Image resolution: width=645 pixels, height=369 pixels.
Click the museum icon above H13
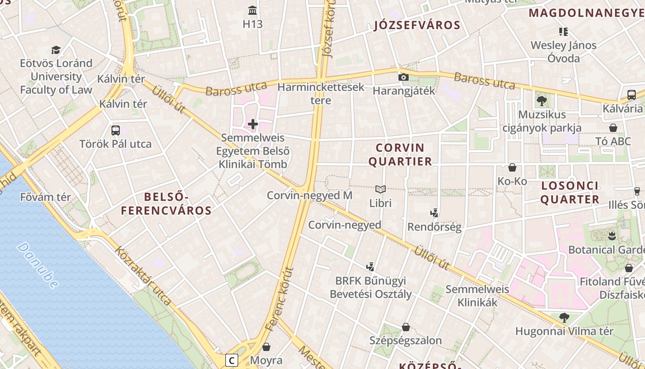pos(252,10)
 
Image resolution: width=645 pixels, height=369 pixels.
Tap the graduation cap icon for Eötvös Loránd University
pos(56,50)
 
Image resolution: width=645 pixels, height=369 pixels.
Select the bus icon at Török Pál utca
pos(115,131)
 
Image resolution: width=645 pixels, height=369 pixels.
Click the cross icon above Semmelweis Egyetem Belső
pos(253,124)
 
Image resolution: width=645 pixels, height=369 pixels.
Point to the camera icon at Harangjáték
pos(404,77)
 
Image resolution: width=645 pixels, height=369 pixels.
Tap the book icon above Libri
pos(380,189)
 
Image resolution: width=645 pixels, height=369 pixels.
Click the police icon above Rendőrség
pos(434,213)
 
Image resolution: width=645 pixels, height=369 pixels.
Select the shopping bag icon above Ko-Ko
pos(512,167)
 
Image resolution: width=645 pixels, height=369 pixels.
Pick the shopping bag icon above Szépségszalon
pos(405,327)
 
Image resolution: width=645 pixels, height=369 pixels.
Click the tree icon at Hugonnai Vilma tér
pos(564,317)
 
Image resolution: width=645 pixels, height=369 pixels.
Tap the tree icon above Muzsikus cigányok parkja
pos(542,101)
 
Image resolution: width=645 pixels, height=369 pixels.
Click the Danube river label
pos(39,265)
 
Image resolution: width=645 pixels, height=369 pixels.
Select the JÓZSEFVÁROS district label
pos(417,25)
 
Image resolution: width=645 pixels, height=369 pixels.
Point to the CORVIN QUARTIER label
pos(404,155)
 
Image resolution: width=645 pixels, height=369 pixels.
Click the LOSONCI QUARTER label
pos(570,193)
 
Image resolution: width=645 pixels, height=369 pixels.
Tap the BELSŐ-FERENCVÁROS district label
pos(166,204)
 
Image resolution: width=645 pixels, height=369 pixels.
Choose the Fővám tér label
pos(46,197)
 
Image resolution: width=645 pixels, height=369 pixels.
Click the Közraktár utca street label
pos(143,275)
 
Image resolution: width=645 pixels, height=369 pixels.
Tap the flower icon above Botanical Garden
pos(612,236)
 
